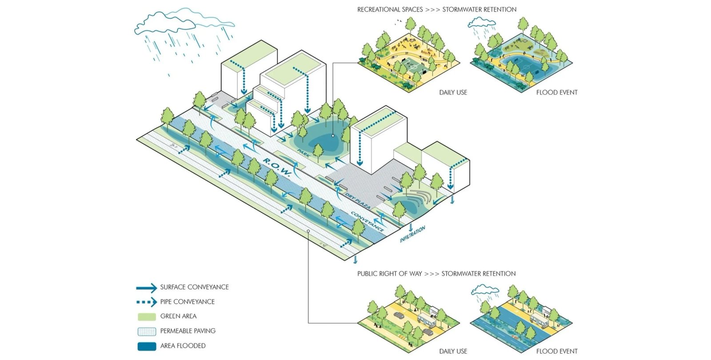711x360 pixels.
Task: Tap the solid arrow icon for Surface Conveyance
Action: (147, 288)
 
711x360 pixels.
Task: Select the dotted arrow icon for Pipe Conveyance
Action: (147, 302)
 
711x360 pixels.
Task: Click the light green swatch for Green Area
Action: (147, 317)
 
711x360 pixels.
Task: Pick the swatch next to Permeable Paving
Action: (147, 332)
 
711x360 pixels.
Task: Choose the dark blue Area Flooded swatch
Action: (147, 346)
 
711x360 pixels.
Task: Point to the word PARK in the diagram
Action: (304, 154)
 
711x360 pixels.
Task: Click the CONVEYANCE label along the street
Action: (367, 221)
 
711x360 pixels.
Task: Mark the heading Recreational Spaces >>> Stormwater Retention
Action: (437, 9)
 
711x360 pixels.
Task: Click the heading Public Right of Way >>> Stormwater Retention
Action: (436, 274)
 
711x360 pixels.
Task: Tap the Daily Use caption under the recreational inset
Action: (453, 92)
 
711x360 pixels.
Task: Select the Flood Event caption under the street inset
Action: (556, 351)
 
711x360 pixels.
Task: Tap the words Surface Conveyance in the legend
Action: (194, 287)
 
